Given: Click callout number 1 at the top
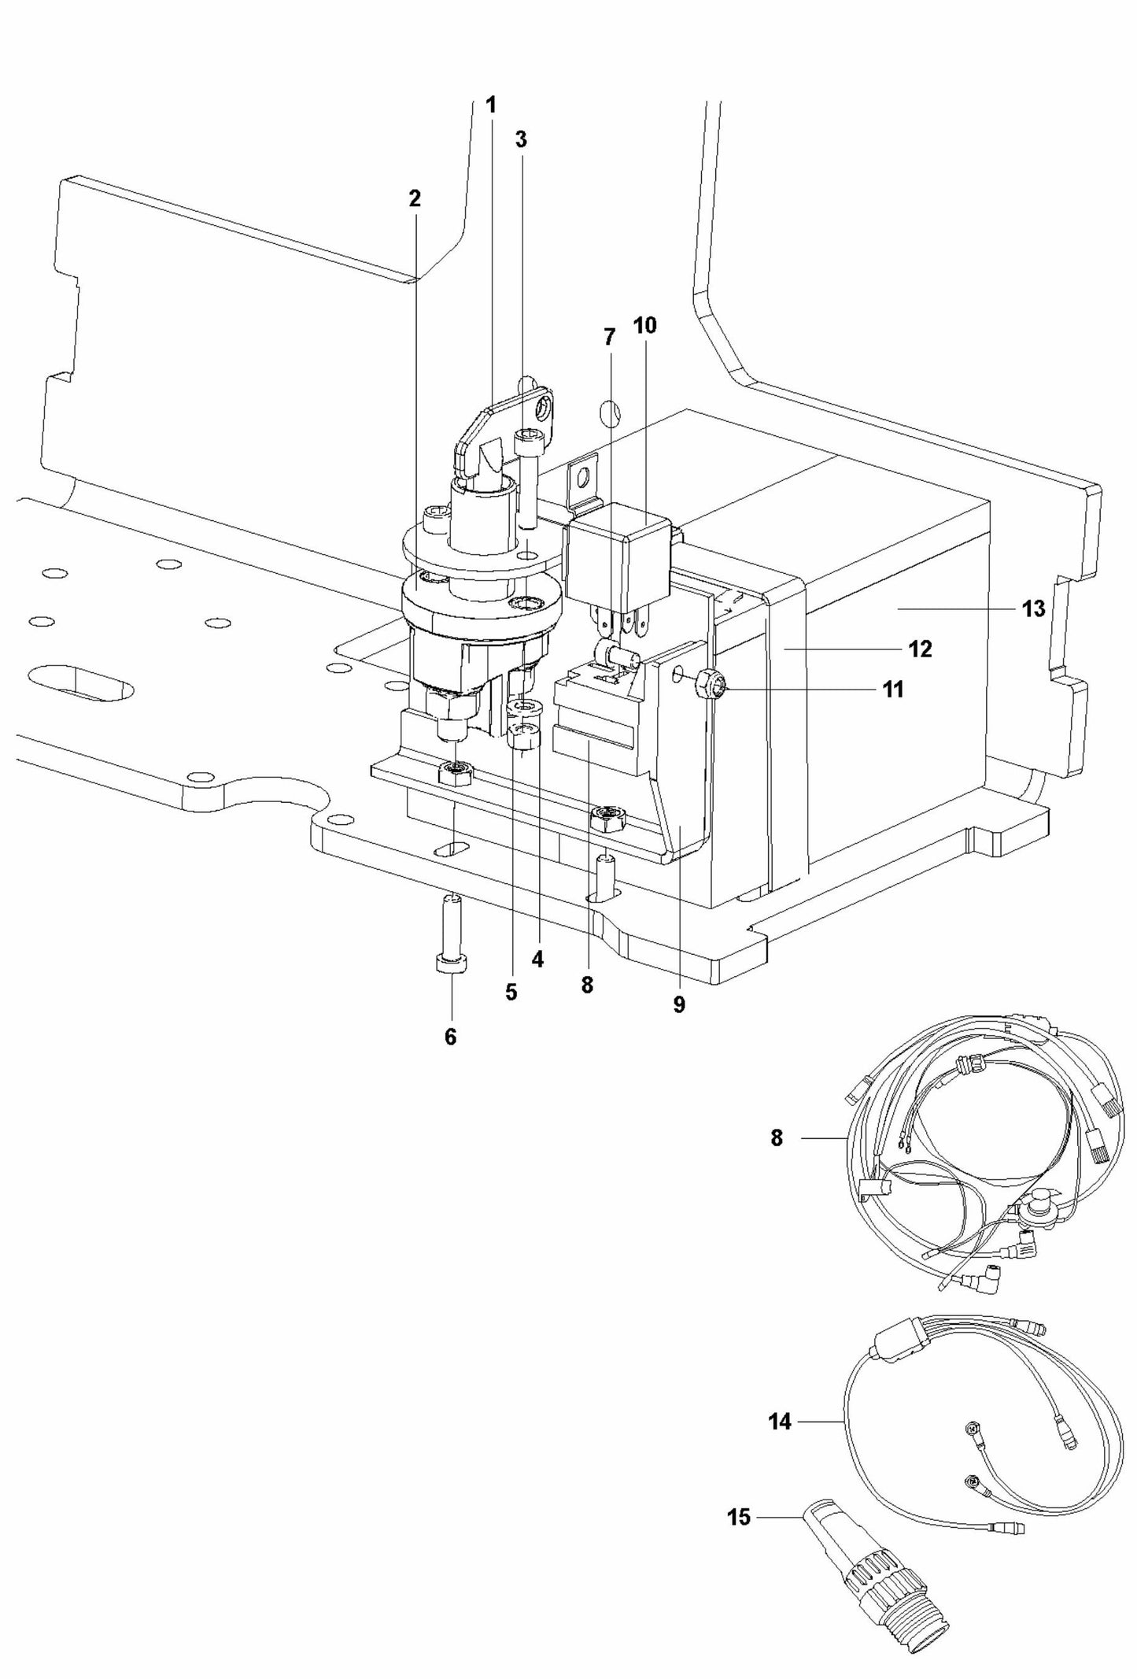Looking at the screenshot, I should [491, 105].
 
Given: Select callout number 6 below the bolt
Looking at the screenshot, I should [450, 1037].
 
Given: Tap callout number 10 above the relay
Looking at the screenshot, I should [644, 325].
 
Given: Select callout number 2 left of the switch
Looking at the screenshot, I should [415, 199].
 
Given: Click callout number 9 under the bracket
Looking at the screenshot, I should [679, 1005].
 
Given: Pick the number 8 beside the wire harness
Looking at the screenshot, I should [777, 1138].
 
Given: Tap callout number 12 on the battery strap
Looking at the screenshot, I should [920, 649].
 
